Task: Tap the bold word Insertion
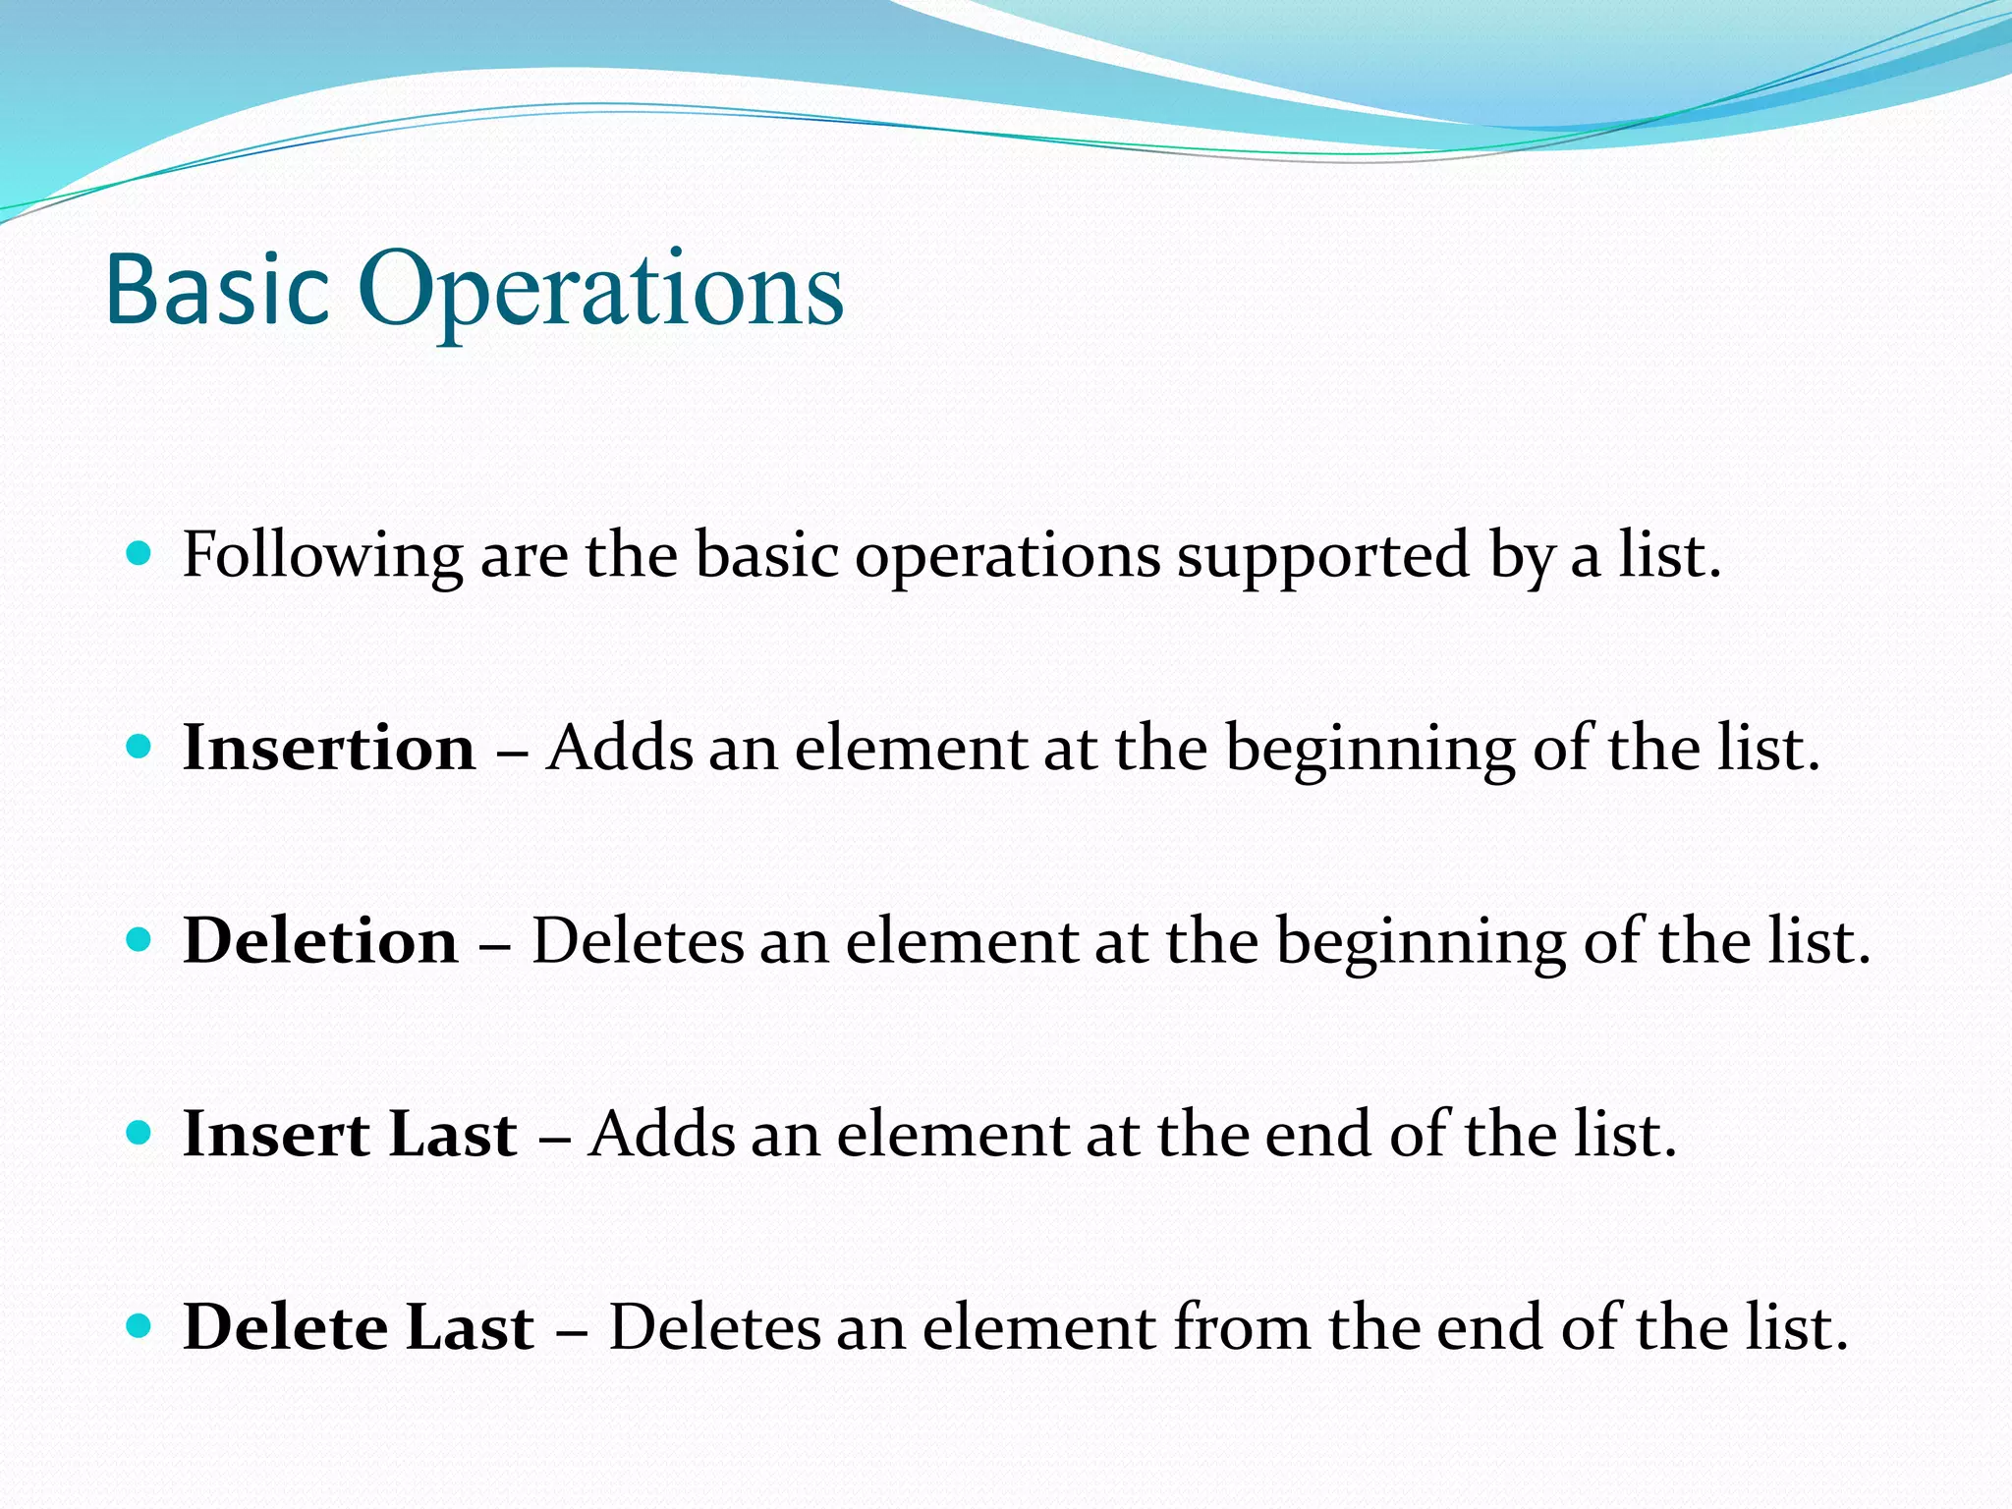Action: coord(329,749)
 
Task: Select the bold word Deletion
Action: coord(320,941)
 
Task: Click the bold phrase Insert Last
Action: coord(350,1135)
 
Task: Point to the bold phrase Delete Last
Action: coord(359,1327)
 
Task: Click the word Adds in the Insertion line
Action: coord(620,749)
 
